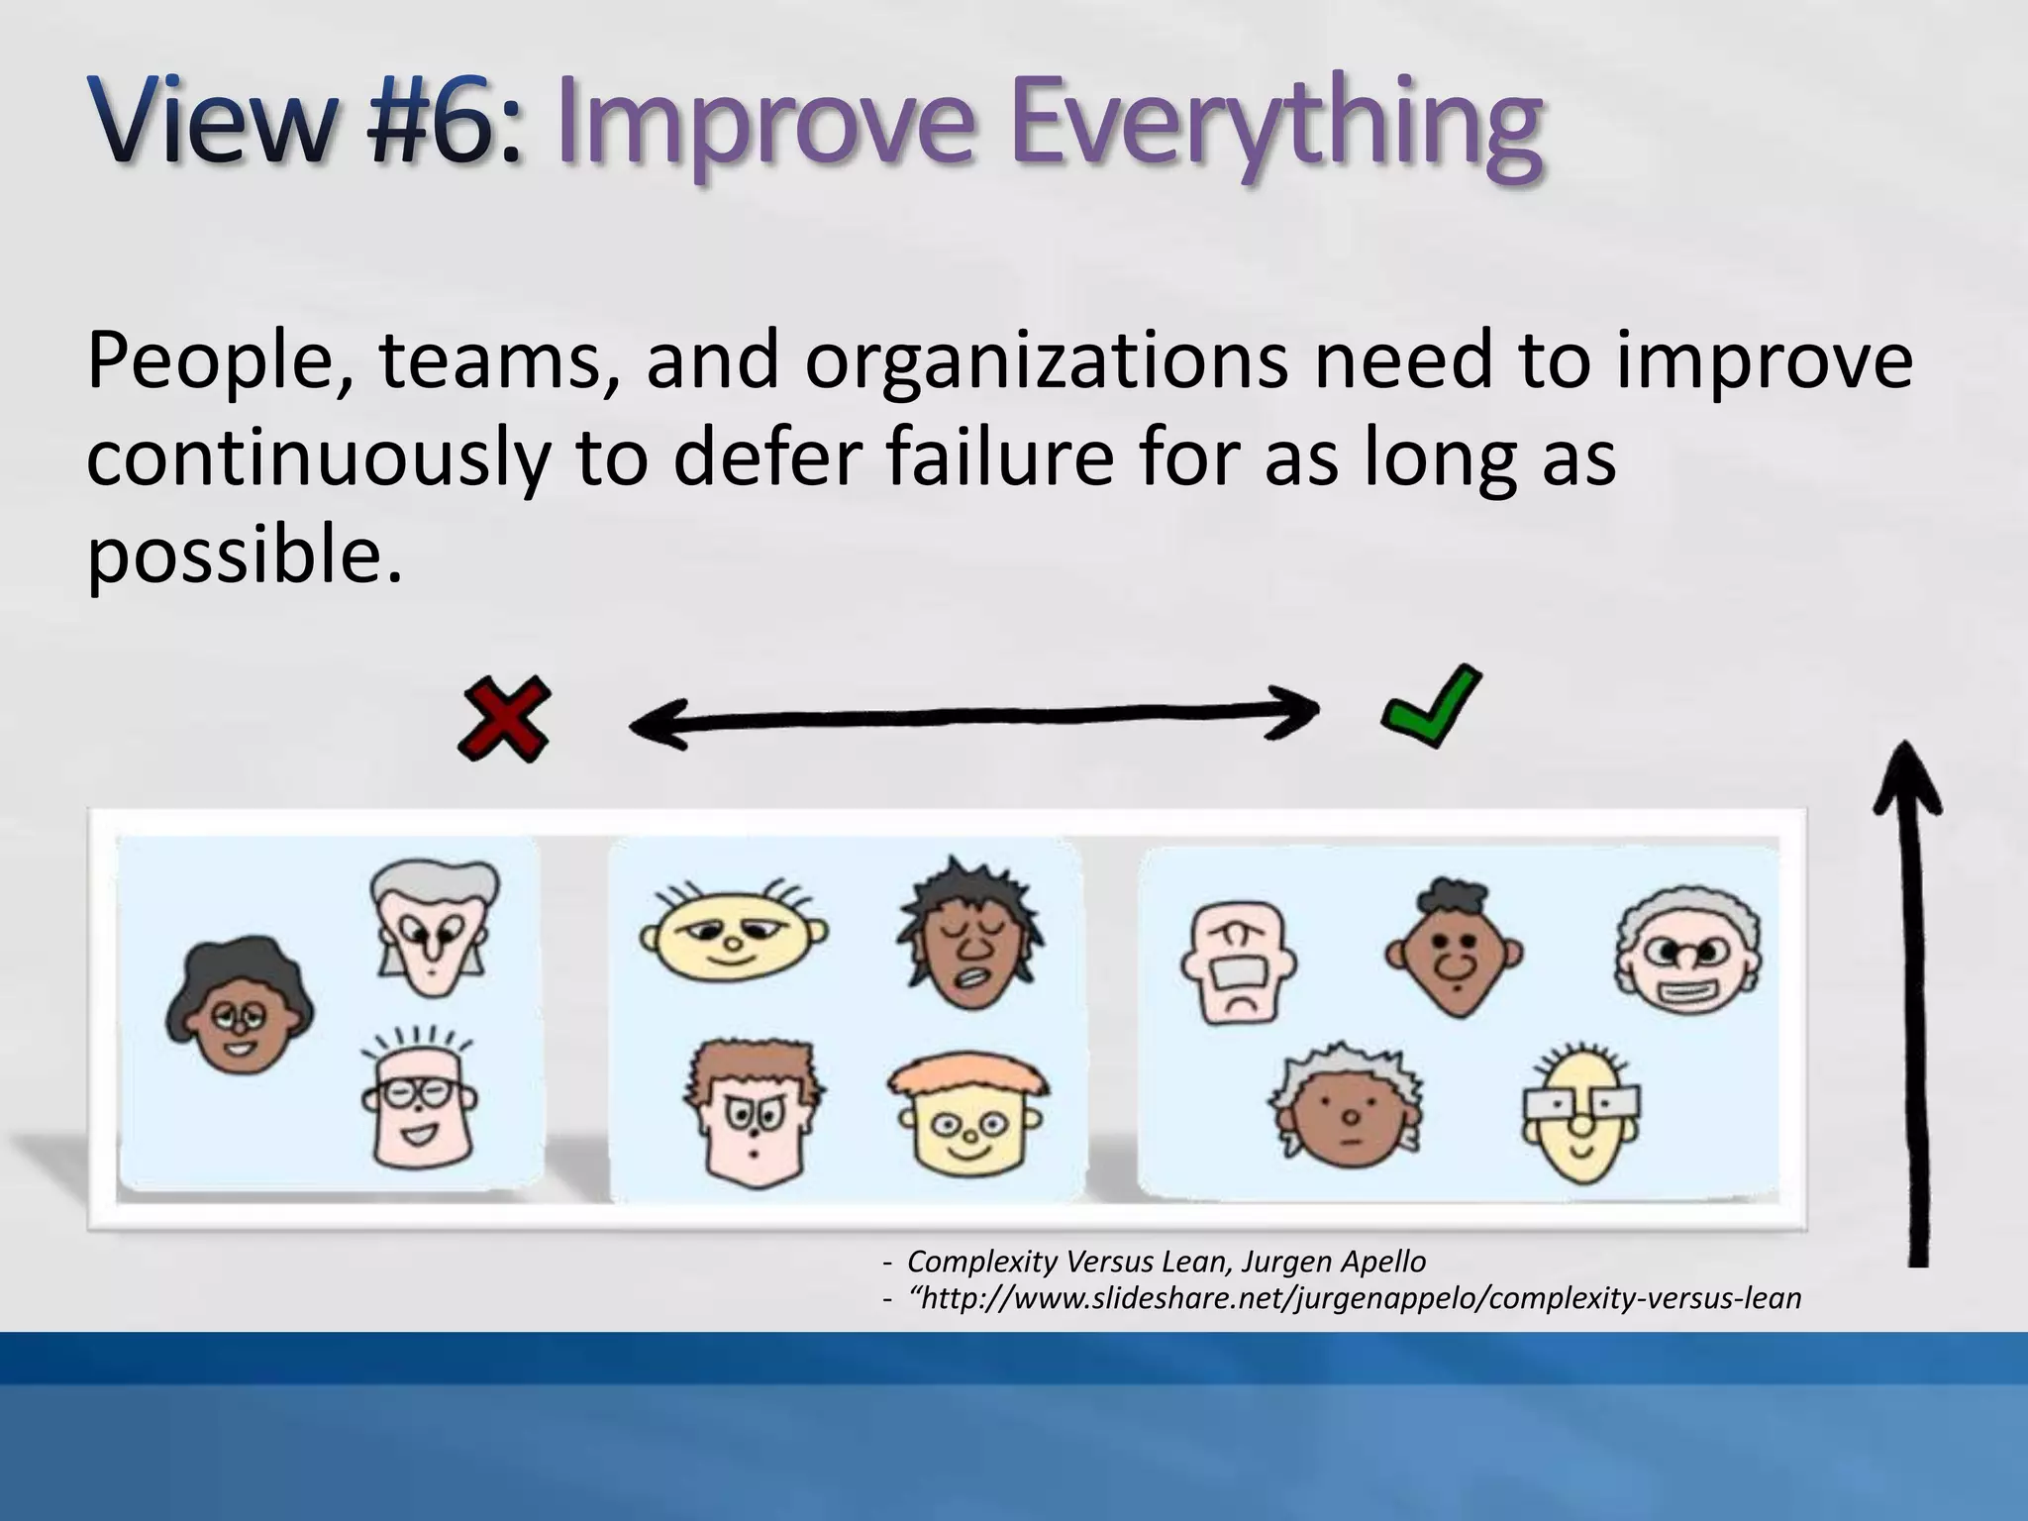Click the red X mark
(x=503, y=719)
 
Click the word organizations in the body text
(x=1046, y=360)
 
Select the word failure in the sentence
(x=999, y=457)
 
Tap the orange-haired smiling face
(x=967, y=1118)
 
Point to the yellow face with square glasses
(x=1581, y=1114)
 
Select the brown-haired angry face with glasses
(x=754, y=1113)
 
